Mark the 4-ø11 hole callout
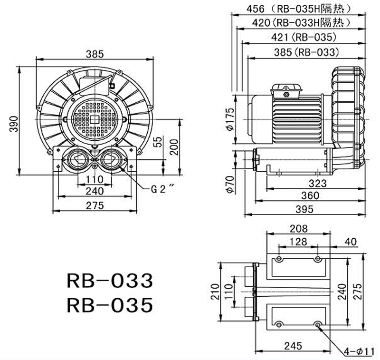pyautogui.click(x=359, y=351)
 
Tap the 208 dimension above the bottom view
pyautogui.click(x=298, y=229)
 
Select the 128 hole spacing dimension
pyautogui.click(x=298, y=242)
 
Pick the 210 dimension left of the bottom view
pyautogui.click(x=214, y=291)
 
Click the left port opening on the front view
pyautogui.click(x=76, y=159)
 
